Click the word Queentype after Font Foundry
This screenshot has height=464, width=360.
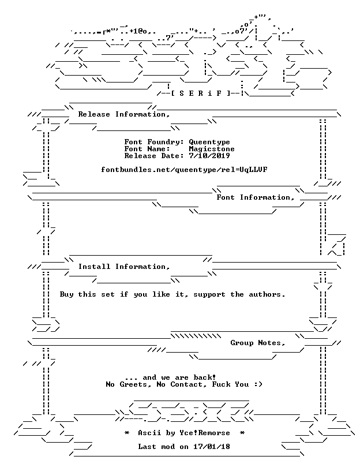coord(209,142)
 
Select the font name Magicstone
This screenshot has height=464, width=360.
coord(212,149)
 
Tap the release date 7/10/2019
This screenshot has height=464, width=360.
coord(209,156)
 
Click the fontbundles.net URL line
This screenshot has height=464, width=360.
coord(184,170)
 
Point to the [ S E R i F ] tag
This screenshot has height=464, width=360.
coord(200,93)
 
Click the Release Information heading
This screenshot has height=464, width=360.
coord(124,114)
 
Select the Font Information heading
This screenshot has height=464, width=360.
coord(256,197)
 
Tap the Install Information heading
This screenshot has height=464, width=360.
coord(124,267)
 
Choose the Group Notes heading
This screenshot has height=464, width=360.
coord(258,343)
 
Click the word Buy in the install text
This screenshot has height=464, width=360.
coord(66,294)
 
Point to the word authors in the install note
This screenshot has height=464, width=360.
coord(267,294)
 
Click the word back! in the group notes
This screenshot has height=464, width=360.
coord(205,377)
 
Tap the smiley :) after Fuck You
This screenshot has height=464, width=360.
coord(258,384)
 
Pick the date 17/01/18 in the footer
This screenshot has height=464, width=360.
coord(212,447)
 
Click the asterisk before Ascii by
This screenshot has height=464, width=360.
coord(126,433)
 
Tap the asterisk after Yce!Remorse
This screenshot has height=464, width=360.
coord(242,433)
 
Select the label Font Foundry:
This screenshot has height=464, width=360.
coord(154,142)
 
